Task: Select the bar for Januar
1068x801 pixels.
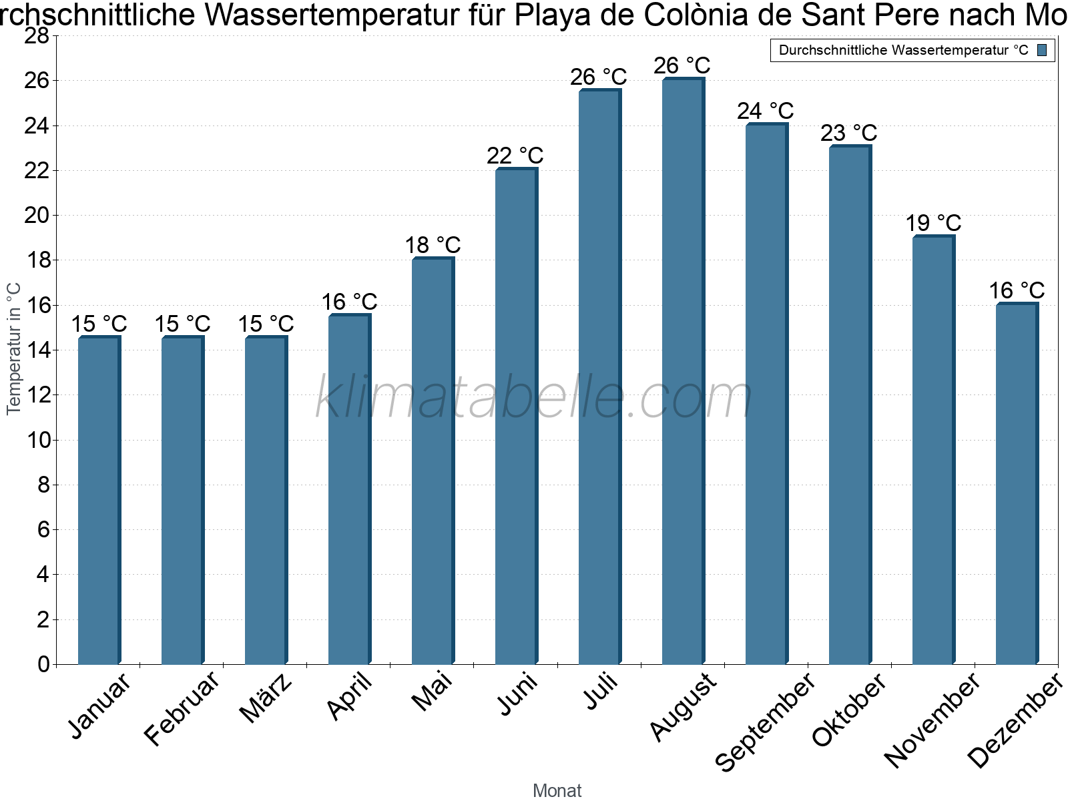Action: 99,501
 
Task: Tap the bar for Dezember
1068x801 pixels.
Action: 1017,484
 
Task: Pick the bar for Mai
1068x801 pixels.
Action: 433,461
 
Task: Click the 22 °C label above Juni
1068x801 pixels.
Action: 515,156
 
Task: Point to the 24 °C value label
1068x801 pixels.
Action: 766,111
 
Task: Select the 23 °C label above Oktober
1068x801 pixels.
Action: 849,133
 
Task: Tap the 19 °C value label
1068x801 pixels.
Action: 933,223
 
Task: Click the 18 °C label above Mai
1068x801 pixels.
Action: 433,245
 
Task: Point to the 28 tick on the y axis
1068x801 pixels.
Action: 37,36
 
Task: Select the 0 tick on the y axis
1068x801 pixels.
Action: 44,664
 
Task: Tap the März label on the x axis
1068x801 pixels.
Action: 266,698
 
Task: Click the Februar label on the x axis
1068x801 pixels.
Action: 182,708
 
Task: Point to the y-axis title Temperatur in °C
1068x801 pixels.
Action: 14,348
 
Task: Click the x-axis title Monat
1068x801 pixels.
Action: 557,790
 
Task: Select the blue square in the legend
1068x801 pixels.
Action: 1043,50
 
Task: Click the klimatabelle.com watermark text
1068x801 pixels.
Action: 534,398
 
